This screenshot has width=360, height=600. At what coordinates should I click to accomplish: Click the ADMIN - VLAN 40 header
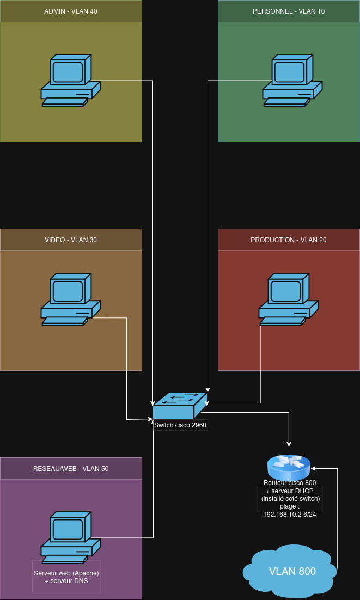click(x=71, y=11)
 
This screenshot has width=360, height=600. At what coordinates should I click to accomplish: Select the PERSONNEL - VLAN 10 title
click(x=289, y=11)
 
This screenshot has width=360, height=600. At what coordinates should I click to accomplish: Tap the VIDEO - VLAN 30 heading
click(x=71, y=240)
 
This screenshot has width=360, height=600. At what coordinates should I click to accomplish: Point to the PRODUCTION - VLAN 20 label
click(x=289, y=240)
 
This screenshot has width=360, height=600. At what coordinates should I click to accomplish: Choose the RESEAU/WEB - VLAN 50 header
click(x=71, y=468)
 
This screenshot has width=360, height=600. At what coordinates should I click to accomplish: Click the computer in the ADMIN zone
click(x=71, y=80)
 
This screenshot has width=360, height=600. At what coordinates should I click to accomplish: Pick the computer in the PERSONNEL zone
click(x=292, y=80)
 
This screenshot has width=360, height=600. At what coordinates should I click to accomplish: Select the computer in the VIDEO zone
click(x=71, y=299)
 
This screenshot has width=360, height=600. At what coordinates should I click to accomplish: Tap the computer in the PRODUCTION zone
click(x=289, y=299)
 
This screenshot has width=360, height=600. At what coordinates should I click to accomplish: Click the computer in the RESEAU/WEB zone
click(x=71, y=537)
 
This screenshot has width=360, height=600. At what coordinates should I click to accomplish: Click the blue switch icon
click(x=180, y=405)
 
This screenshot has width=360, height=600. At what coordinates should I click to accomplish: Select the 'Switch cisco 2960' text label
click(x=180, y=425)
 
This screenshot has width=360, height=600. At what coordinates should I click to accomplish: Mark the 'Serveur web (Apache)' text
click(x=66, y=573)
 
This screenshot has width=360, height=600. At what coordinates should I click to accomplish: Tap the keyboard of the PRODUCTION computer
click(x=283, y=321)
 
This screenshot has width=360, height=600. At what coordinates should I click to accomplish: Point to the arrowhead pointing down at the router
click(x=289, y=444)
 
